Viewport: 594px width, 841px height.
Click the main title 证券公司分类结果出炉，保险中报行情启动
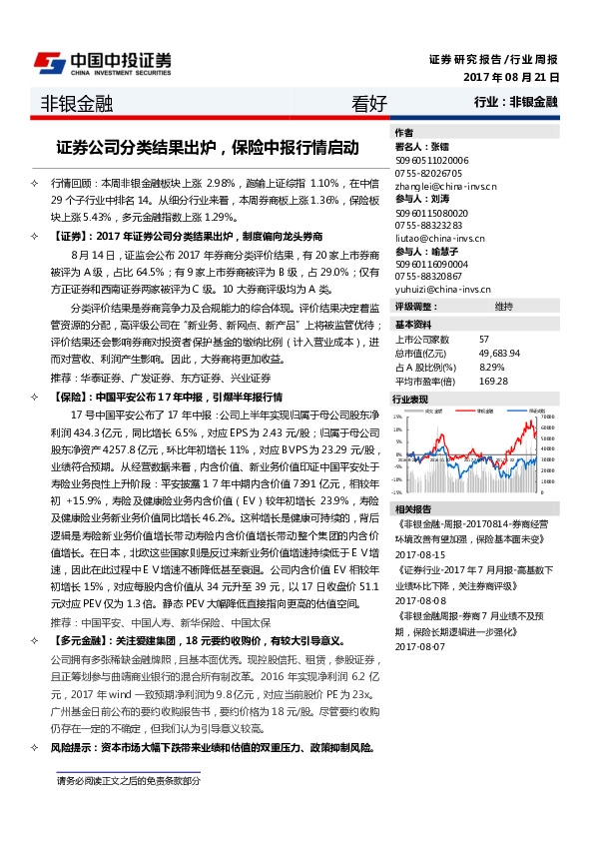(x=207, y=147)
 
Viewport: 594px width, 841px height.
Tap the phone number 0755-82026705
(x=428, y=172)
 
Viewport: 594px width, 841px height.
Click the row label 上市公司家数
(x=422, y=341)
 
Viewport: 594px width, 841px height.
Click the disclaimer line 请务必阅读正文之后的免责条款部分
(x=129, y=779)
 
